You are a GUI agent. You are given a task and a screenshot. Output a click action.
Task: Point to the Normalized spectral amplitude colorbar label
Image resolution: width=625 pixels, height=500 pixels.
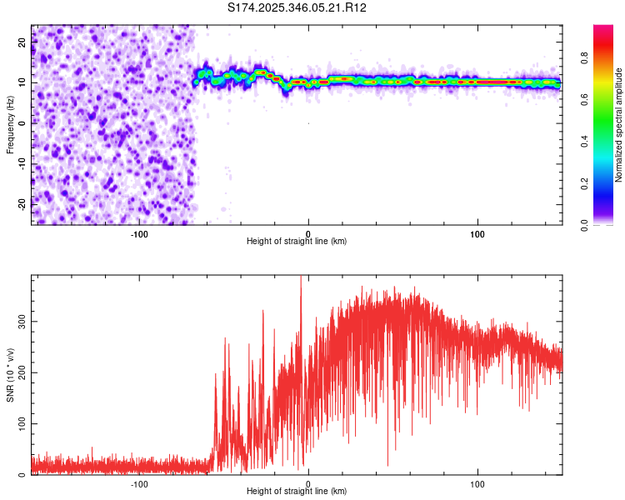point(619,125)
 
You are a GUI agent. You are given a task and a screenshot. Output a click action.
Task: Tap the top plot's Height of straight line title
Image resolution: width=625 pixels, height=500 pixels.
point(297,241)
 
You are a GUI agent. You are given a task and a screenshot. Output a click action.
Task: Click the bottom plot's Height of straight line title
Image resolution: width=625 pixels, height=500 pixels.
point(297,491)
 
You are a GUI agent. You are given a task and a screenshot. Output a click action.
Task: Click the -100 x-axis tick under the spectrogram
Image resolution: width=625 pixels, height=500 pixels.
point(139,232)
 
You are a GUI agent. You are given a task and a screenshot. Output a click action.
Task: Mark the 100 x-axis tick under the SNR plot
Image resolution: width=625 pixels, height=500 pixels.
point(477,482)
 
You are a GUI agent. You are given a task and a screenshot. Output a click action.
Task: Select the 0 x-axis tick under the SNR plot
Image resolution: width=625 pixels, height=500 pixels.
point(308,482)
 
